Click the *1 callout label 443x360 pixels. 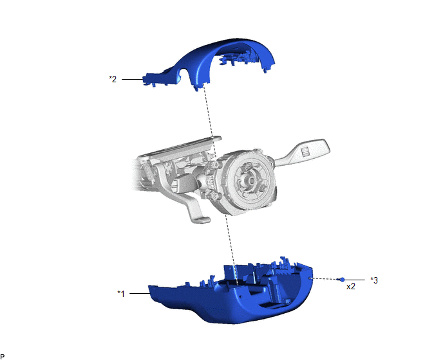point(121,294)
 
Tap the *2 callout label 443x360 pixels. point(113,79)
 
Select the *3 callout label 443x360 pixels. point(374,280)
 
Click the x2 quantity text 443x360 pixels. point(351,286)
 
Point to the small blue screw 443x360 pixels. point(341,280)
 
